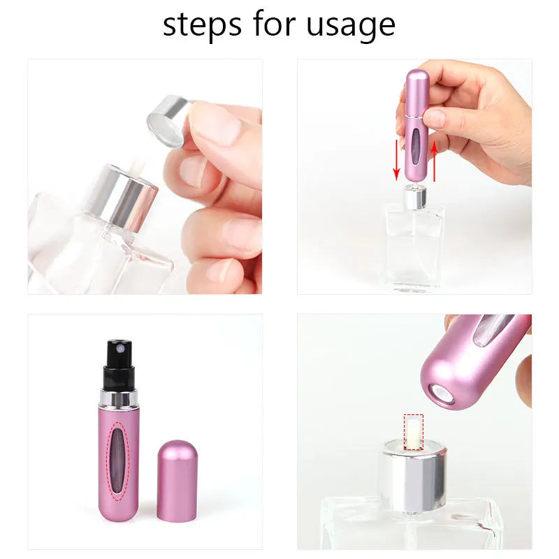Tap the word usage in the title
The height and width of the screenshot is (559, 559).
point(351,26)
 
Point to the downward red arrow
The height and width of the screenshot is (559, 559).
point(397,160)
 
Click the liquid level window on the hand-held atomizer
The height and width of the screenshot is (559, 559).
point(417,146)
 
